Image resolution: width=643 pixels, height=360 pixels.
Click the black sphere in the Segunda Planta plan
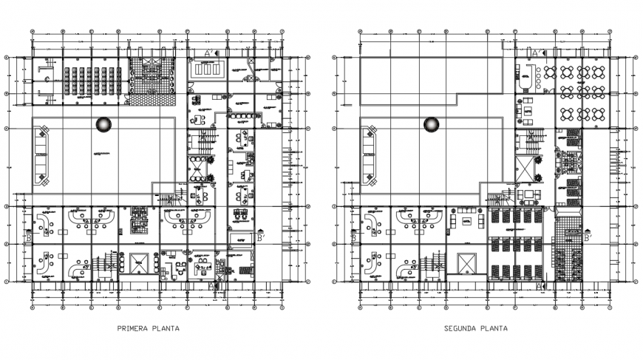pyautogui.click(x=430, y=124)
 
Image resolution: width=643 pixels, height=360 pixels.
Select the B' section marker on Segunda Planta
pyautogui.click(x=586, y=238)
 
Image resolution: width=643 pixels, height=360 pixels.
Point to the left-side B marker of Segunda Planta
pyautogui.click(x=355, y=238)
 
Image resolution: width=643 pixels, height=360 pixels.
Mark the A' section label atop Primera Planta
pyautogui.click(x=209, y=53)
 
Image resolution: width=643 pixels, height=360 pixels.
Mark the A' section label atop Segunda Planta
pyautogui.click(x=535, y=53)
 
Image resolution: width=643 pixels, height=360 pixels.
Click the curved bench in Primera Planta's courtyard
pyautogui.click(x=41, y=155)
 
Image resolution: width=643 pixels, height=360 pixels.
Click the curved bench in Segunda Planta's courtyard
pyautogui.click(x=367, y=155)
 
